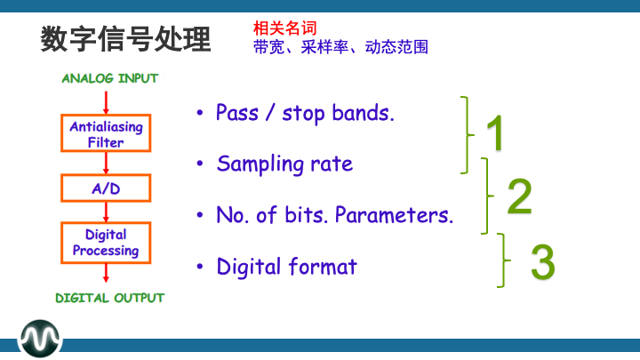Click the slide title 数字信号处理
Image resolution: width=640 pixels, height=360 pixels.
tap(125, 39)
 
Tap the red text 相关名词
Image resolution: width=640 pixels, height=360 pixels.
tap(284, 28)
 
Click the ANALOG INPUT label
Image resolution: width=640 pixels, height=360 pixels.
tap(110, 78)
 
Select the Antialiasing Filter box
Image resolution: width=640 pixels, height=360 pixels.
tap(106, 134)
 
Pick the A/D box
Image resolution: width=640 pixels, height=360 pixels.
tap(106, 188)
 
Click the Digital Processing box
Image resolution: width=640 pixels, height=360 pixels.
tap(106, 243)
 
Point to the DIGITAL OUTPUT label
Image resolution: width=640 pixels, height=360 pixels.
tap(110, 298)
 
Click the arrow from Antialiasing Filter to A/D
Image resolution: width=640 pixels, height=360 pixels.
tap(107, 164)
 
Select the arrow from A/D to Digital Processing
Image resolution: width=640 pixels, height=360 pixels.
tap(107, 212)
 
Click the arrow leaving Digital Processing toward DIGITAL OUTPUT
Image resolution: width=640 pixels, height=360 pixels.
tap(107, 275)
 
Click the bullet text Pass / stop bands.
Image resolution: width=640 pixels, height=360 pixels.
tap(304, 114)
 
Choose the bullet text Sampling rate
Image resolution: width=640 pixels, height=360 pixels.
tap(284, 164)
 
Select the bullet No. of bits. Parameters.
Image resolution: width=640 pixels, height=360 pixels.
tap(334, 215)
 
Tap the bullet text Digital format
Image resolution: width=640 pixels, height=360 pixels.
tap(286, 267)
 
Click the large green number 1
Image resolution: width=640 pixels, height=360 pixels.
tap(494, 134)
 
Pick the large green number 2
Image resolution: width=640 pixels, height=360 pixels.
tap(519, 197)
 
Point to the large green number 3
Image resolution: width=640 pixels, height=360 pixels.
tap(542, 262)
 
